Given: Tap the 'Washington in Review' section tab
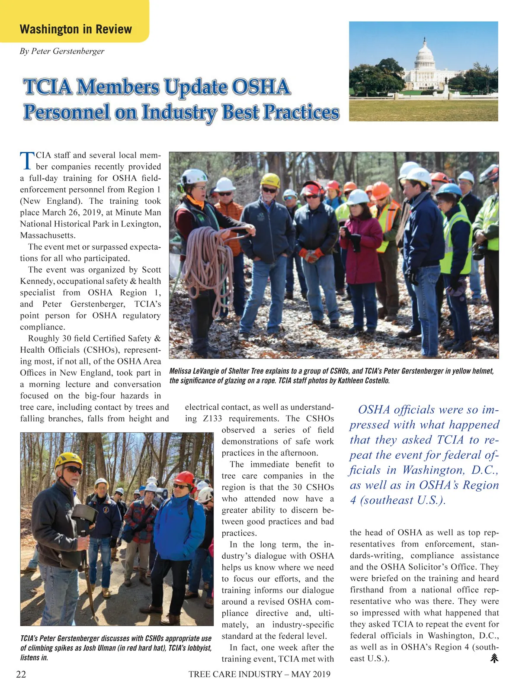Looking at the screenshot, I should click(x=76, y=29).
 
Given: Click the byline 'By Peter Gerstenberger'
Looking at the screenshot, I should click(x=62, y=51).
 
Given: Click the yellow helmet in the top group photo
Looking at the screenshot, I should click(x=270, y=180).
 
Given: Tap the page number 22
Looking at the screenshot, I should click(x=21, y=674).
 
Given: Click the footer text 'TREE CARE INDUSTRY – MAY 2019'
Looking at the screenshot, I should click(x=259, y=674).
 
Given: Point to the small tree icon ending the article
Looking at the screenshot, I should click(x=494, y=658).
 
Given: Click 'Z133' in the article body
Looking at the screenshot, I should click(x=212, y=418).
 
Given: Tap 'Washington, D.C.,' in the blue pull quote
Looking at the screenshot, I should click(x=450, y=470).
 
